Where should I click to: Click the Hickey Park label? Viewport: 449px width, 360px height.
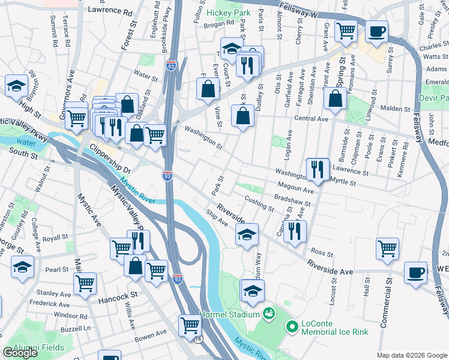[229, 13]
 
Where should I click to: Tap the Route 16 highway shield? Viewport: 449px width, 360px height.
[198, 339]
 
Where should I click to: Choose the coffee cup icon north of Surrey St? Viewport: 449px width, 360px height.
[376, 31]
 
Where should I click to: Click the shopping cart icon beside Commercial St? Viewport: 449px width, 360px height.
[387, 248]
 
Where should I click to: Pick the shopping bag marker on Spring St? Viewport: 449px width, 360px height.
[336, 98]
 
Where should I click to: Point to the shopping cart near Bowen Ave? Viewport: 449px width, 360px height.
[190, 325]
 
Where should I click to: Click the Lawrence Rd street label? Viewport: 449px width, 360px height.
[110, 11]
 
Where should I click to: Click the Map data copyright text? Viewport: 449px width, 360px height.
[411, 355]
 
